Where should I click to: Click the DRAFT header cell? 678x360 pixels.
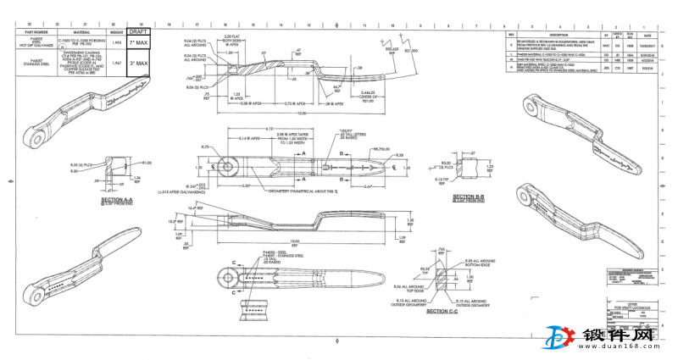pos(140,31)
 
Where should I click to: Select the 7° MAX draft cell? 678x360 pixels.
pos(140,42)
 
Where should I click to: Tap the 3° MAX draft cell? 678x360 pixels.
pos(140,63)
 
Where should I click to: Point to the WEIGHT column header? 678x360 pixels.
pos(117,32)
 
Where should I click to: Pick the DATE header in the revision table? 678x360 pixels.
pos(647,35)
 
